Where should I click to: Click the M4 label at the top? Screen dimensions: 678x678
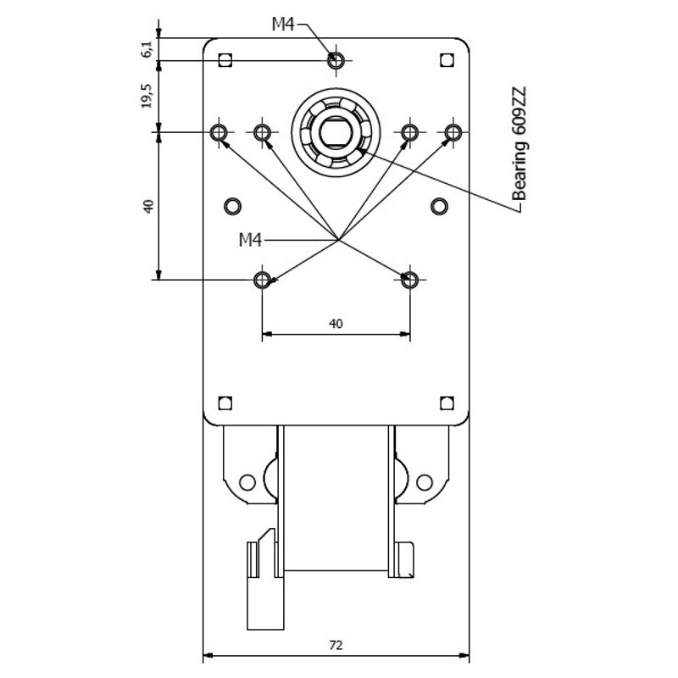click(283, 25)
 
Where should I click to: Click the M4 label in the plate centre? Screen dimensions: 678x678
click(250, 240)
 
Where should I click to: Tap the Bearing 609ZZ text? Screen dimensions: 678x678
click(519, 144)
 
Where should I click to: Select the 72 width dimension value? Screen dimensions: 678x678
click(336, 645)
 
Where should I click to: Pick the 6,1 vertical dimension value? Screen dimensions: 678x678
click(147, 49)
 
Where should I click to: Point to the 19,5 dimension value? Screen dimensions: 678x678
click(147, 96)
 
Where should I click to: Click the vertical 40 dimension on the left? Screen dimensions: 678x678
click(148, 206)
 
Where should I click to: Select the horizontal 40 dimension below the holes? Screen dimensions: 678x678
click(336, 324)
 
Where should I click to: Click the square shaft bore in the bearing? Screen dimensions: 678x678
click(336, 132)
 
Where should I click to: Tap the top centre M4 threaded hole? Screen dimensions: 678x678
click(336, 60)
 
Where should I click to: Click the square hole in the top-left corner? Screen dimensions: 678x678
click(225, 60)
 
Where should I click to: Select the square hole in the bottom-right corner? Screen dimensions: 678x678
click(447, 403)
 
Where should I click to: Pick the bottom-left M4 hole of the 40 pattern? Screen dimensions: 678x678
click(262, 280)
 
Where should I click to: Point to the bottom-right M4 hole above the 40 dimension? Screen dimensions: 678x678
click(409, 280)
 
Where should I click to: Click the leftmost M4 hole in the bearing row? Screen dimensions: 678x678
click(219, 132)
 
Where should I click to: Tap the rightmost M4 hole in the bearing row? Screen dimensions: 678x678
click(453, 132)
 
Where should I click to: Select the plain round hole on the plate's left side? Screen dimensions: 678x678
click(232, 206)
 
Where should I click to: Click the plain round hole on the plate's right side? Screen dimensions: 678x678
click(439, 206)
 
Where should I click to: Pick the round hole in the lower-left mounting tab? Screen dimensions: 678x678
click(247, 482)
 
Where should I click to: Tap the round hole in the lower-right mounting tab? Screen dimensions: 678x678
click(425, 482)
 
